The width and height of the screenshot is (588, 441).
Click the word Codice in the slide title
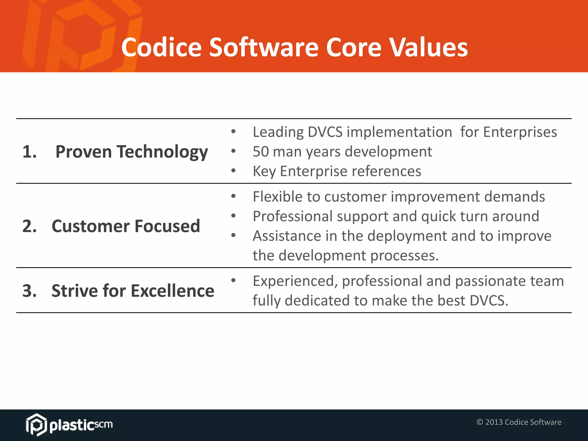click(x=161, y=47)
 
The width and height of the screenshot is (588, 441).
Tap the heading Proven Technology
click(x=131, y=152)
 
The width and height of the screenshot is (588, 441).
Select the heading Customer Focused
click(x=126, y=226)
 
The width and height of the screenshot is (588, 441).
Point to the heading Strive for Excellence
click(x=133, y=291)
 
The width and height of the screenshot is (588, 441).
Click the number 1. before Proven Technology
click(x=30, y=152)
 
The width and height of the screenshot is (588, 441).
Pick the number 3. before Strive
click(x=30, y=291)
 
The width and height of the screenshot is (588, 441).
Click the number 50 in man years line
click(x=260, y=152)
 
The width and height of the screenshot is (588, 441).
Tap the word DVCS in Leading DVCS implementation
click(x=325, y=132)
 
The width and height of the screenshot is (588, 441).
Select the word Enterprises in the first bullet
click(x=520, y=132)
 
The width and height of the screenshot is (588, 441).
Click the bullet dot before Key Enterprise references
click(x=233, y=171)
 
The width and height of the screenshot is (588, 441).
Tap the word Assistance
click(x=287, y=236)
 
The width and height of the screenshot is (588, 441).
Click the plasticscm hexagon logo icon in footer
click(x=36, y=424)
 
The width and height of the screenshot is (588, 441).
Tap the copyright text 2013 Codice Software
click(x=519, y=422)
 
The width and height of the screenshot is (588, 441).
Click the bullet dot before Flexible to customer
click(x=233, y=196)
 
